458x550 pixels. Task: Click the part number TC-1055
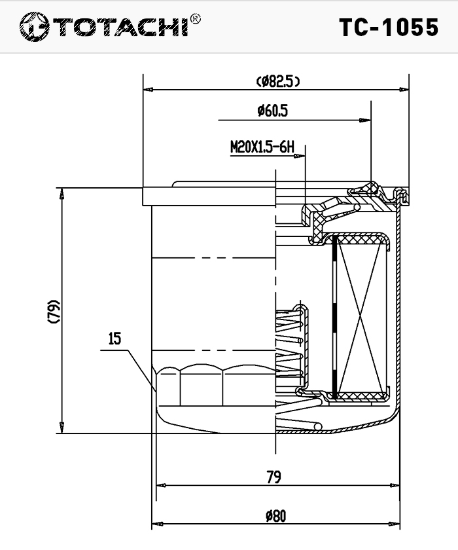click(x=389, y=27)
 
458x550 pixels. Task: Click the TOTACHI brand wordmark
click(x=121, y=27)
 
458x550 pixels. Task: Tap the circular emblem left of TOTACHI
click(x=34, y=27)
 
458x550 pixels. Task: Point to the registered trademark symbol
click(x=196, y=18)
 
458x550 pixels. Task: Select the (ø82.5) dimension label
click(x=278, y=81)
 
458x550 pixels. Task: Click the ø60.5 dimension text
click(x=273, y=111)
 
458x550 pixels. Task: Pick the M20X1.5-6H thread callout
click(x=262, y=147)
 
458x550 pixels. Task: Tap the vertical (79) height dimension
click(x=54, y=311)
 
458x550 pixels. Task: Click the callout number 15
click(x=114, y=339)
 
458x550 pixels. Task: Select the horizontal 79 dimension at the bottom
click(x=273, y=477)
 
